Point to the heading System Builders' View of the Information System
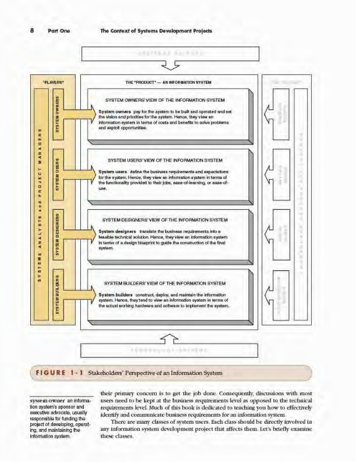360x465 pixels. [163, 283]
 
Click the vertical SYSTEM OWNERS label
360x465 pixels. [57, 114]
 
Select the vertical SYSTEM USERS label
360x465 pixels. [57, 173]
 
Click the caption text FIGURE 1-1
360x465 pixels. [59, 373]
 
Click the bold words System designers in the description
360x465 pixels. [117, 231]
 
